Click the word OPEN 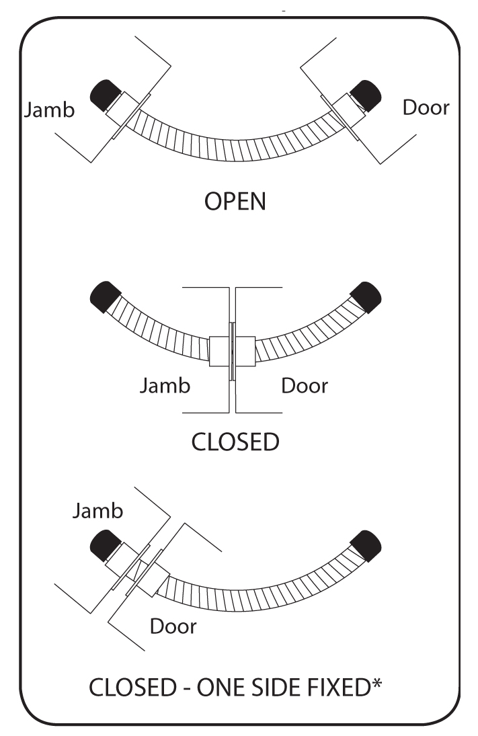[235, 200]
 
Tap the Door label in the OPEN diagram [426, 107]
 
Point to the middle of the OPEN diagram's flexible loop [235, 161]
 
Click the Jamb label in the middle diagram [165, 386]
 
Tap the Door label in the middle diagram [305, 386]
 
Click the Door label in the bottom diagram [173, 626]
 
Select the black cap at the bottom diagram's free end [367, 542]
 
